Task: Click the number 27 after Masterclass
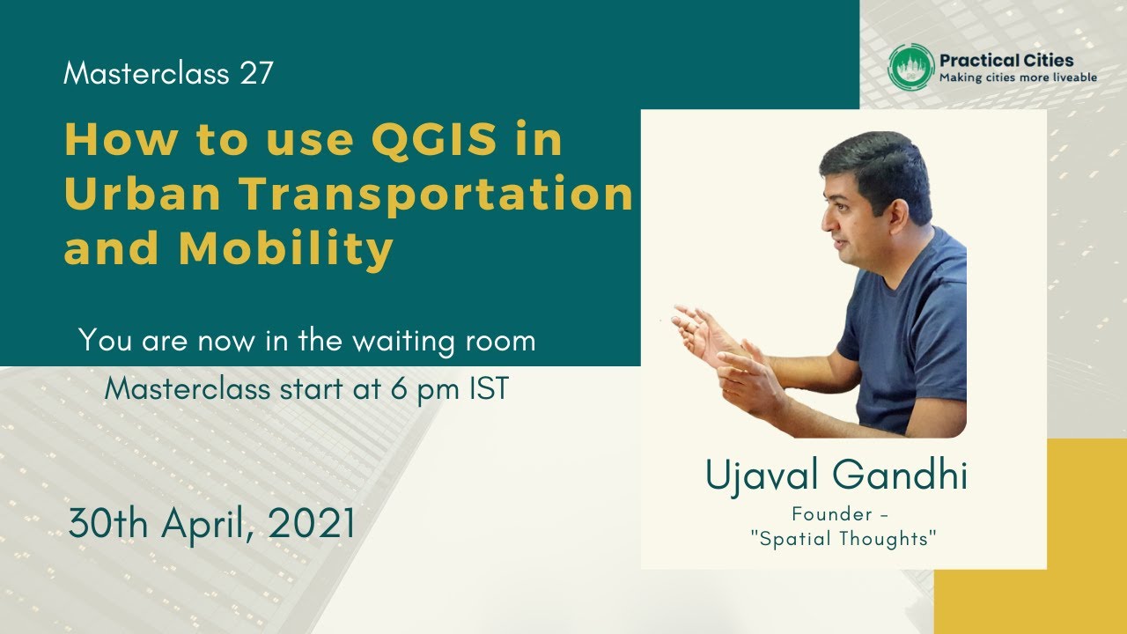(255, 74)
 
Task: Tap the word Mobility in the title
(285, 249)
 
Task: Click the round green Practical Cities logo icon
(910, 67)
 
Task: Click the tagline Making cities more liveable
(1018, 78)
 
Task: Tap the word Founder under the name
(828, 513)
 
